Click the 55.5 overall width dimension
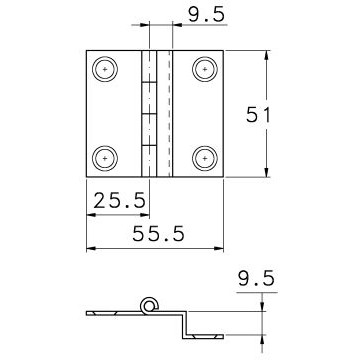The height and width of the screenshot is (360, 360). [158, 234]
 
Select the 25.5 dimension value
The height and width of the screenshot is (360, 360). [120, 200]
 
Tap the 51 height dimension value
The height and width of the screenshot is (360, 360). [258, 115]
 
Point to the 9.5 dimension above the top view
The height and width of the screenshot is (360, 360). [207, 15]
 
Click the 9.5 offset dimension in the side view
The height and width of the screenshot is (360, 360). [257, 279]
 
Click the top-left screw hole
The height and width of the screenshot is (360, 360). [105, 69]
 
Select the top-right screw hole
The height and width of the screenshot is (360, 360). [205, 69]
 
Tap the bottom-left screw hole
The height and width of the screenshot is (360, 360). [105, 158]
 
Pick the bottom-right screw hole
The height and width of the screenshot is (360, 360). [205, 158]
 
